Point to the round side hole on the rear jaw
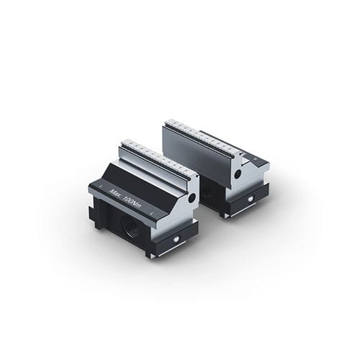[238, 174]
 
